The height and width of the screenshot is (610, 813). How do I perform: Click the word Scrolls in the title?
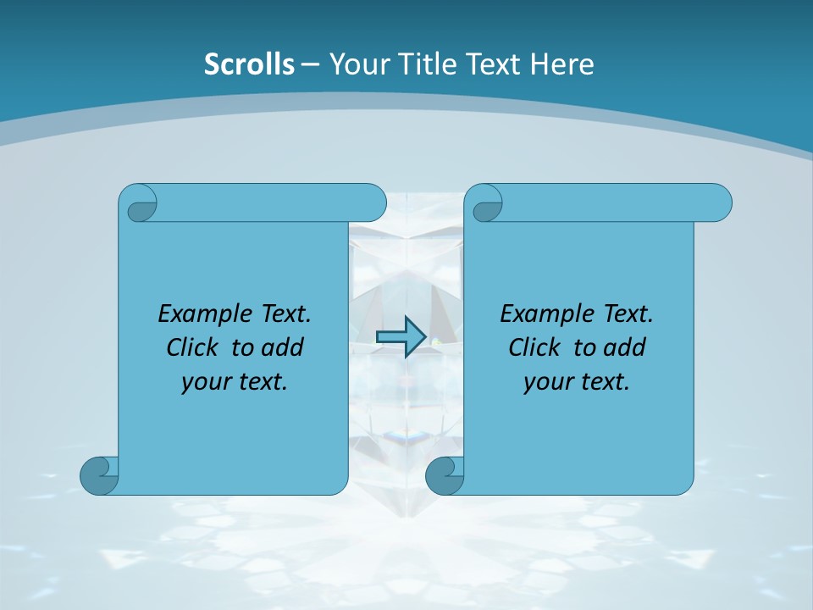point(249,64)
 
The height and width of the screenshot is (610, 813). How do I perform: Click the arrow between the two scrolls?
point(401,336)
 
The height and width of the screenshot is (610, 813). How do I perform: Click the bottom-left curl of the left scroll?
point(99,475)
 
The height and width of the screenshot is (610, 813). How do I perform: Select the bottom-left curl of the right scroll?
point(445,475)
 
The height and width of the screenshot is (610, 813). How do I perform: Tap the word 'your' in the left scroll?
point(203,382)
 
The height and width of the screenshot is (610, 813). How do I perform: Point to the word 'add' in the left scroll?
point(284,347)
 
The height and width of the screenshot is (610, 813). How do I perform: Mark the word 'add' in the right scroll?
point(626,347)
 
